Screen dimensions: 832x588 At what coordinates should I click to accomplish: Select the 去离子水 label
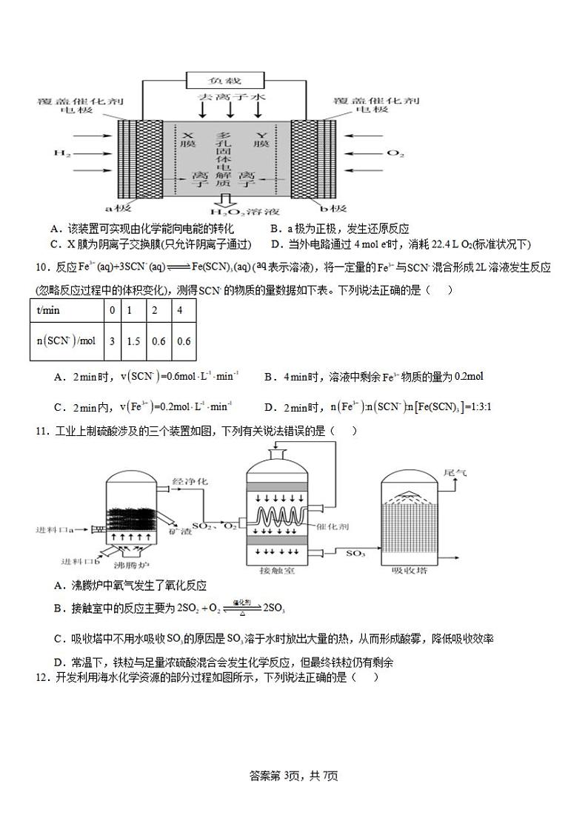(x=230, y=97)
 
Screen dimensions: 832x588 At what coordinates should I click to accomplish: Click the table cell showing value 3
(x=112, y=341)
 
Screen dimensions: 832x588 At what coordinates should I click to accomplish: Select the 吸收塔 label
(x=404, y=571)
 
